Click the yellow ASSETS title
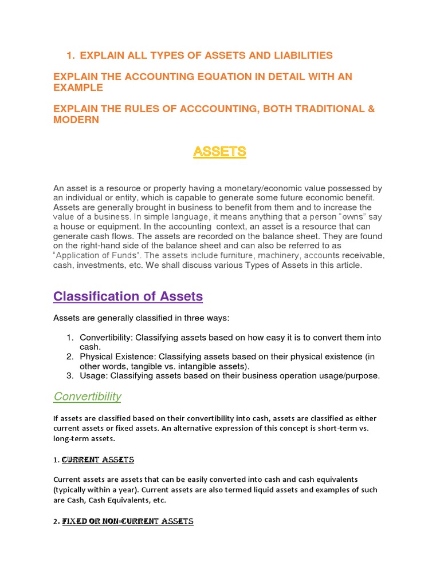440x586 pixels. coord(219,152)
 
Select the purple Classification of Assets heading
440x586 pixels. coord(128,296)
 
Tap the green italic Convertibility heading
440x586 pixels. coord(87,397)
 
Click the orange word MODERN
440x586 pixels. coord(76,120)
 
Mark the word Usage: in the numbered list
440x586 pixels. coord(93,376)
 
